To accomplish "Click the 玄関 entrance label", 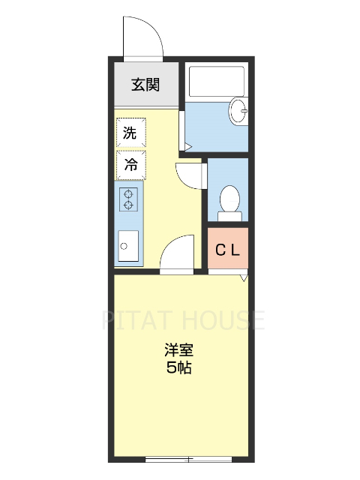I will [x=145, y=85].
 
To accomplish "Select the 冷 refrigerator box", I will [x=130, y=164].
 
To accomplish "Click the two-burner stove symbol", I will [x=128, y=198].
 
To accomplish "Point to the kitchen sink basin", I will [x=127, y=244].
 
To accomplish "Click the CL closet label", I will [x=228, y=250].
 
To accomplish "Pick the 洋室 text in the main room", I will [x=180, y=351].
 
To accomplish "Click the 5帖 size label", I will [x=180, y=368].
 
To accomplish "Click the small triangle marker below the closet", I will [x=243, y=278].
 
